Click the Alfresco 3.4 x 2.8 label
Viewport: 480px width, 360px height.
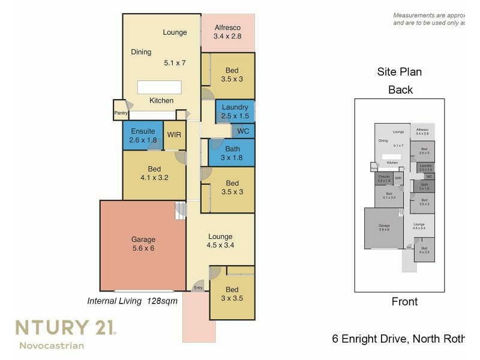pos(227,32)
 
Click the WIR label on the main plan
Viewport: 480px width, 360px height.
pos(174,135)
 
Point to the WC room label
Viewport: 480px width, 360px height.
pos(243,131)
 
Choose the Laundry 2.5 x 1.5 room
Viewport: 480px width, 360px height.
pos(235,112)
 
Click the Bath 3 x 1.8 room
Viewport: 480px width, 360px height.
pos(232,154)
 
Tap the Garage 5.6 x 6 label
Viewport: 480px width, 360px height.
pos(143,243)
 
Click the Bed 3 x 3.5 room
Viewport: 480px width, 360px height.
pos(232,294)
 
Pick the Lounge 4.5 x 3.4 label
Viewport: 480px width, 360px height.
pos(220,241)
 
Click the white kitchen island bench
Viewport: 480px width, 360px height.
pos(159,88)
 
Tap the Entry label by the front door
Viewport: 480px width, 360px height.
pos(198,289)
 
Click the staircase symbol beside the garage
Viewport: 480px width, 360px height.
pos(181,211)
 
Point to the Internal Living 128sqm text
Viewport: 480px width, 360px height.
pos(133,301)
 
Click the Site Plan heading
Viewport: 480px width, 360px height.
pos(399,72)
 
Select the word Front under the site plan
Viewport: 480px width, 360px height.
pos(404,302)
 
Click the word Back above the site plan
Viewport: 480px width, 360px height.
pos(400,90)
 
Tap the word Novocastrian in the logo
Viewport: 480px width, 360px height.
pos(52,345)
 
